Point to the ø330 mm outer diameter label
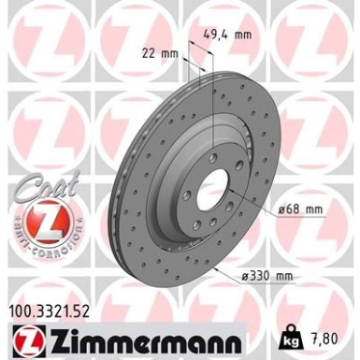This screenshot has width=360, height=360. [x=267, y=275]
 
